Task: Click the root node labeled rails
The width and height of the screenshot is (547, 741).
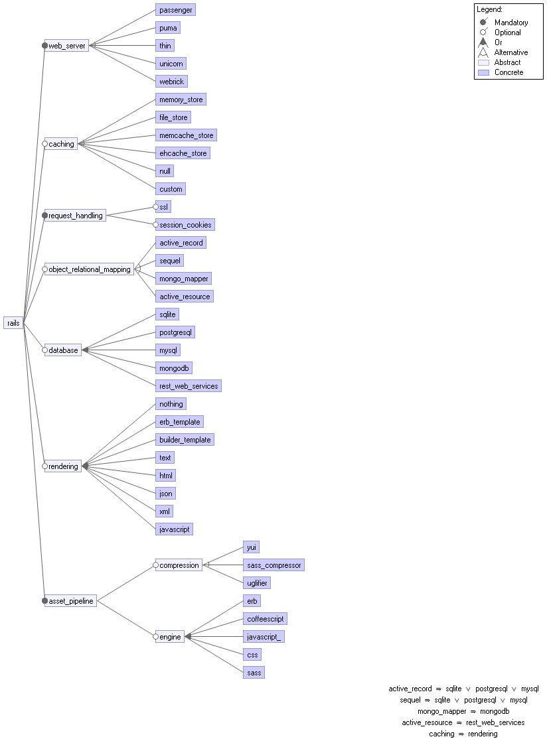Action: pos(13,323)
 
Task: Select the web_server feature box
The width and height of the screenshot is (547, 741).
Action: pos(67,46)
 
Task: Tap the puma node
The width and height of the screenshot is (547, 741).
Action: pos(168,28)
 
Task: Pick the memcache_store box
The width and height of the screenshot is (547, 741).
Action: pos(186,135)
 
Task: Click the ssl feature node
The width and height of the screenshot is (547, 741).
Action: pos(164,207)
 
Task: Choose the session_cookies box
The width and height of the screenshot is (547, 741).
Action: pos(186,225)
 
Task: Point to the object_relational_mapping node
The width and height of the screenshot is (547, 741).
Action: pos(90,269)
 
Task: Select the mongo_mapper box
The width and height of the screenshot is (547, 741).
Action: pos(184,279)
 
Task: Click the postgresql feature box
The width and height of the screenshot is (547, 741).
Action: pos(176,332)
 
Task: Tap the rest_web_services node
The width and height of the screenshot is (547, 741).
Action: pos(189,386)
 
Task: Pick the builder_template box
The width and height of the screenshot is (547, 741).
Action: pos(185,440)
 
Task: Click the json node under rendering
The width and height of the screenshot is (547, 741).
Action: pos(166,494)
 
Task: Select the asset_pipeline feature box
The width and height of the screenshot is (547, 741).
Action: pos(71,601)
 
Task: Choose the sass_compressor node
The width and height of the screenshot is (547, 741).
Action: pos(273,565)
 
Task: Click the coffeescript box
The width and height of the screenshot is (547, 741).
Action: pos(265,619)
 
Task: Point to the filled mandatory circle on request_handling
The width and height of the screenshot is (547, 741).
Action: pos(45,216)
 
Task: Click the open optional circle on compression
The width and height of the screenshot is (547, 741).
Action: pos(156,565)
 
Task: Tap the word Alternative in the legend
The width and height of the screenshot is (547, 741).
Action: pos(511,52)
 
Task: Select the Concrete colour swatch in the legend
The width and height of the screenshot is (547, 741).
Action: pos(483,72)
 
